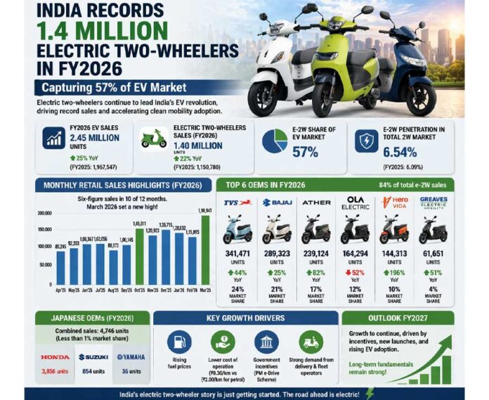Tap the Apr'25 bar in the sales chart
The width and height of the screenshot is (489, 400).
tap(60, 268)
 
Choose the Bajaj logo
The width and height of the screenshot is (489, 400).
tap(276, 202)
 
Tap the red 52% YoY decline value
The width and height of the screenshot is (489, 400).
tap(358, 272)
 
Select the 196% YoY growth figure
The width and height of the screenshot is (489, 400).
tap(398, 272)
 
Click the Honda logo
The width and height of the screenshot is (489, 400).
tap(55, 357)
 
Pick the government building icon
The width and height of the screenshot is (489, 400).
tap(266, 342)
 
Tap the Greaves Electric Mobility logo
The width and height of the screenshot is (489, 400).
tap(433, 203)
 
